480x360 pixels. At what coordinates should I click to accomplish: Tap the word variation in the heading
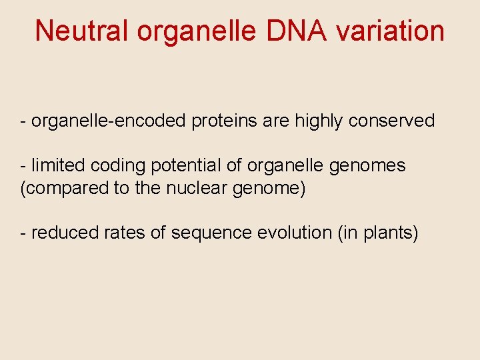coord(387,31)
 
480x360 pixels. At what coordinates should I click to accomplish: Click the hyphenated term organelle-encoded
coord(109,121)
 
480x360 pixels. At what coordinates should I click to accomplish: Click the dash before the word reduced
coord(24,233)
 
